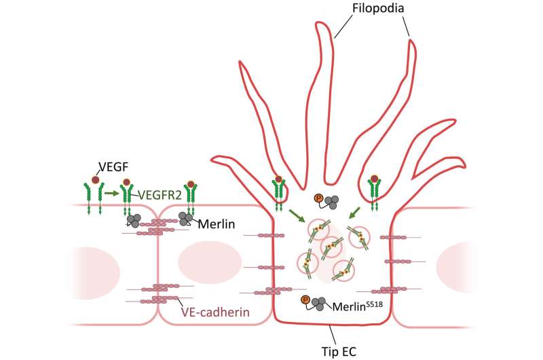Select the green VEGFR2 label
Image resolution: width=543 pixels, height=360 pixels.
[x=162, y=195]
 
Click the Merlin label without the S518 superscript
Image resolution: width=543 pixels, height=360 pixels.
[x=218, y=223]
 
